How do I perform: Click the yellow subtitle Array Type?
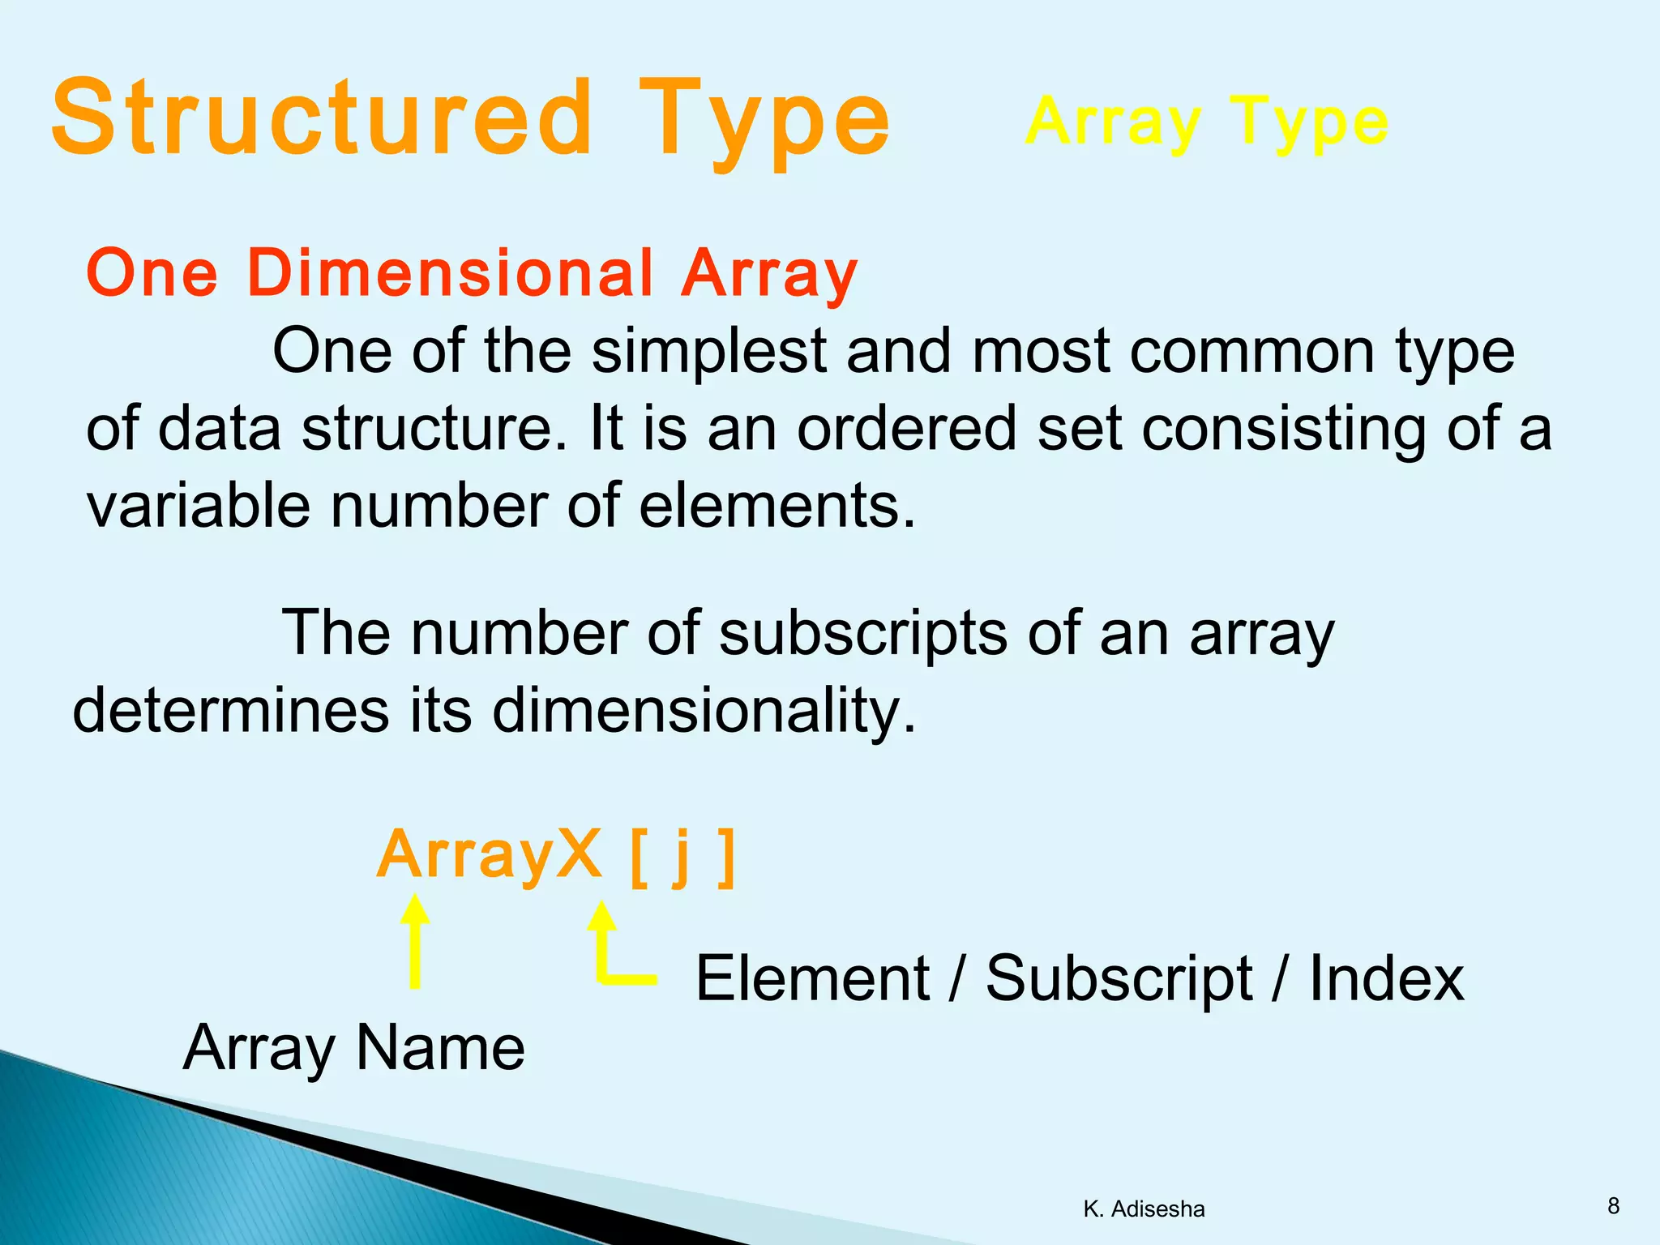point(1206,122)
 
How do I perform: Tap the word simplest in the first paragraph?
point(708,351)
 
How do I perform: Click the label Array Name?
point(354,1048)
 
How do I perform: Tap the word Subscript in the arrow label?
point(1119,979)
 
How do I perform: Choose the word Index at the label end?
point(1386,978)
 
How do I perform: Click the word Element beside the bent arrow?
point(812,978)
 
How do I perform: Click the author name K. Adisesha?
point(1144,1209)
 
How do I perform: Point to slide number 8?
point(1613,1206)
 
